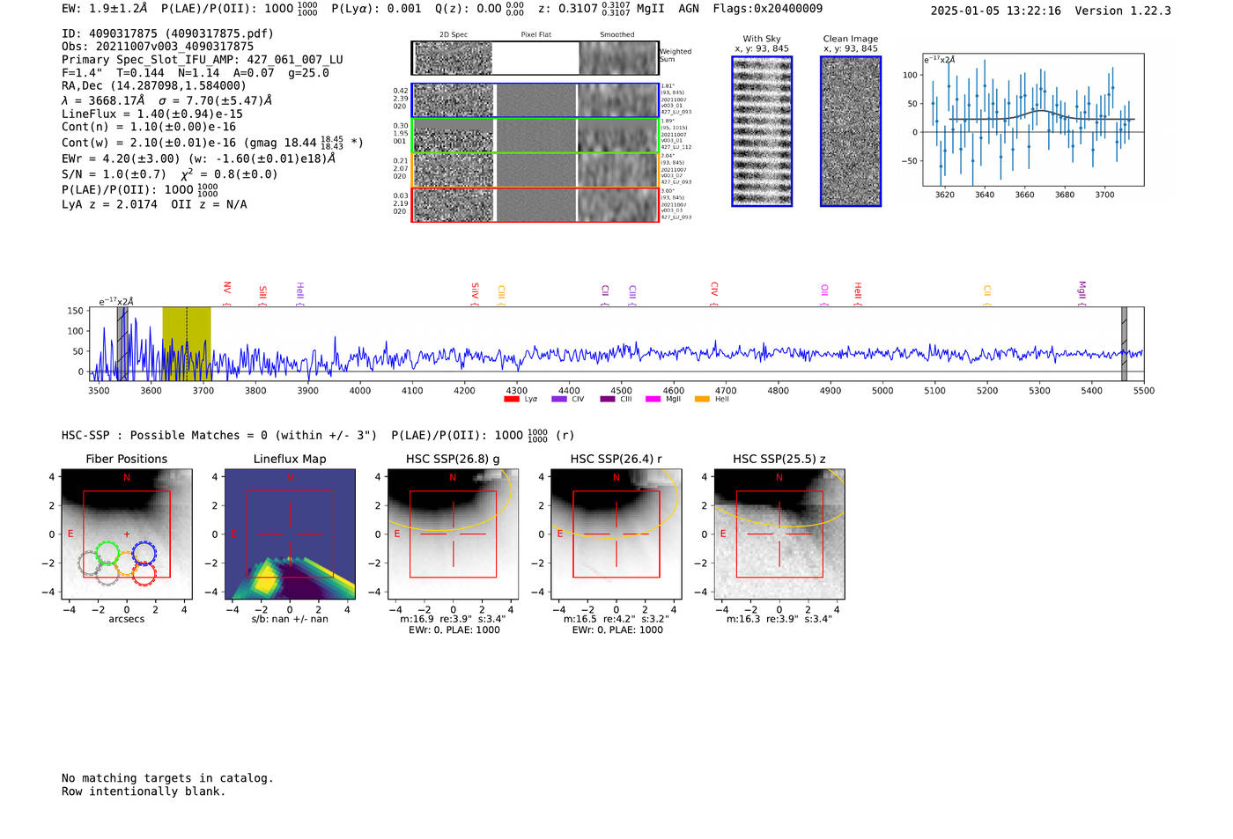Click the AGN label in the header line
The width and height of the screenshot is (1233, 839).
[688, 9]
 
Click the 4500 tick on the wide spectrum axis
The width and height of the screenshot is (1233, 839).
[621, 390]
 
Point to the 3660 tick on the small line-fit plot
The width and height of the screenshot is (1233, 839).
[1024, 195]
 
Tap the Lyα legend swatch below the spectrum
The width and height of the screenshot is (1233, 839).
[511, 400]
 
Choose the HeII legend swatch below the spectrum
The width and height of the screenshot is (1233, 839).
[702, 400]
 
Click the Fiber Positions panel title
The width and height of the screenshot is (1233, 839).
[126, 459]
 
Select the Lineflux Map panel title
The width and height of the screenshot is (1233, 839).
[290, 459]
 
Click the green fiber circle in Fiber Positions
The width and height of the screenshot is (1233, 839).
[107, 553]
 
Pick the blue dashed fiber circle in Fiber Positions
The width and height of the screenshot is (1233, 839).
[144, 553]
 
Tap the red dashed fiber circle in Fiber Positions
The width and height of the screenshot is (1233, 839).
[144, 575]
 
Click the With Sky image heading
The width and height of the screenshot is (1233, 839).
[762, 39]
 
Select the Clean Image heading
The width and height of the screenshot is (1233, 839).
[851, 39]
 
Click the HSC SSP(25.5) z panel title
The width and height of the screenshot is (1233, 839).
[779, 459]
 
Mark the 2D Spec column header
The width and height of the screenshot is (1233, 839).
[454, 35]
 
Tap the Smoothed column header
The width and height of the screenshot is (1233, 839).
[616, 35]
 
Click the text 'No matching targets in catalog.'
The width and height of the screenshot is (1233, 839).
[167, 778]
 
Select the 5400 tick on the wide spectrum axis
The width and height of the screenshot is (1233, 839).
[1091, 390]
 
